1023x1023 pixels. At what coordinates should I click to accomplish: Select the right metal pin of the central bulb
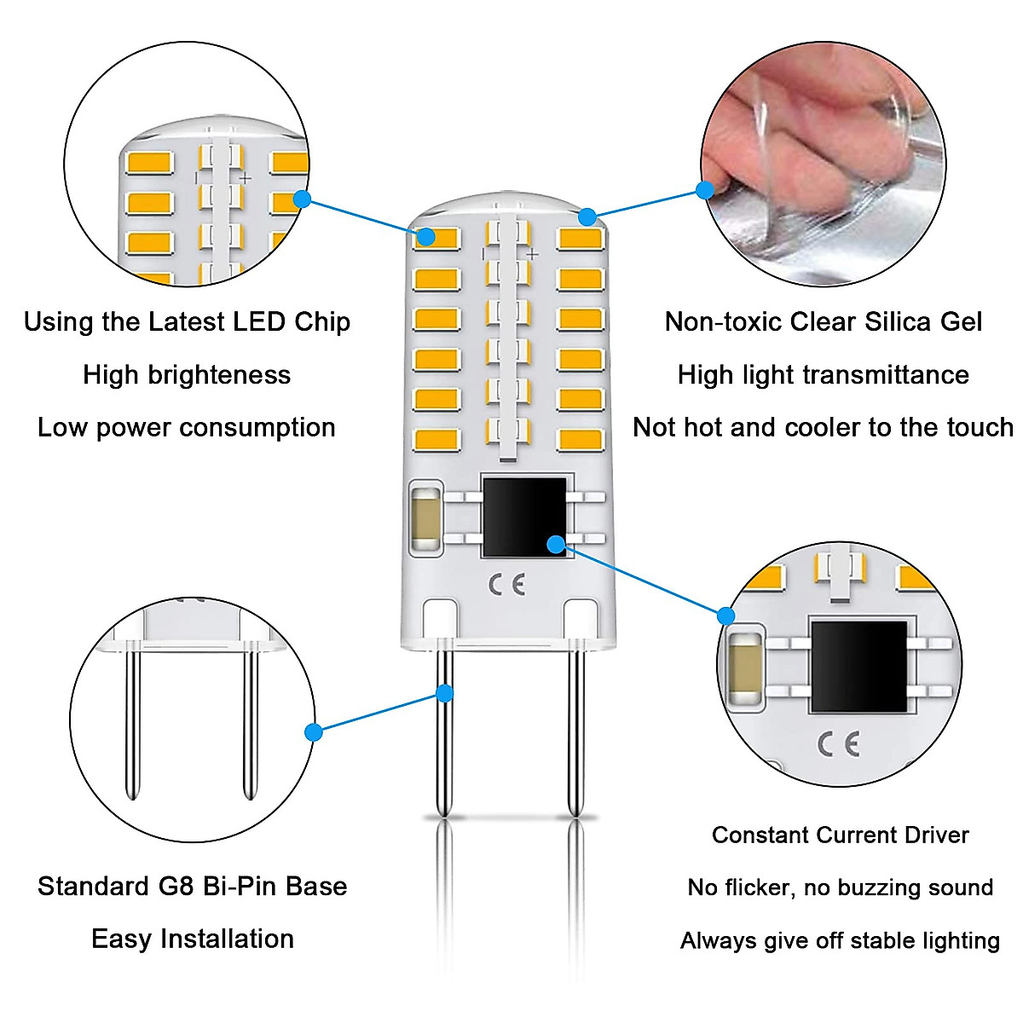pyautogui.click(x=575, y=733)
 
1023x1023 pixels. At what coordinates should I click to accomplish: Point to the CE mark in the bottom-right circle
pyautogui.click(x=839, y=744)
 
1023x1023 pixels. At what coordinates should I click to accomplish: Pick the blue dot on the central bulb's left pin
pyautogui.click(x=444, y=693)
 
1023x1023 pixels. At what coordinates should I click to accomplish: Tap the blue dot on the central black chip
pyautogui.click(x=556, y=543)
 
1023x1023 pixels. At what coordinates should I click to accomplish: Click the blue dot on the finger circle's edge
pyautogui.click(x=704, y=190)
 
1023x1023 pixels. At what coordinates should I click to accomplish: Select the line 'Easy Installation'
pyautogui.click(x=193, y=939)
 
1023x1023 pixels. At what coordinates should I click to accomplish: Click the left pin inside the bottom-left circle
pyautogui.click(x=132, y=725)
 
